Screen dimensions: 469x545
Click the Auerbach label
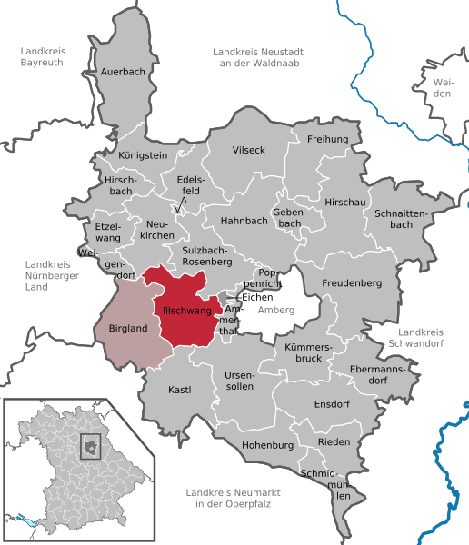coord(124,71)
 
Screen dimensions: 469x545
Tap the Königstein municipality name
coord(144,155)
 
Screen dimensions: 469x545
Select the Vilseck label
coord(248,149)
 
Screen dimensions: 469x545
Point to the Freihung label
coord(328,139)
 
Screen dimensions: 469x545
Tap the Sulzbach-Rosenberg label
coord(209,255)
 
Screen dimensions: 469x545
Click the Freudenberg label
coord(352,282)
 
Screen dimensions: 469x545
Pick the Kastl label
coord(180,390)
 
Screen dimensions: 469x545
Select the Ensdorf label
coord(331,403)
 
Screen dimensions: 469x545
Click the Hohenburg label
coord(269,445)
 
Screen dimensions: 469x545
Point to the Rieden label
coord(334,441)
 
